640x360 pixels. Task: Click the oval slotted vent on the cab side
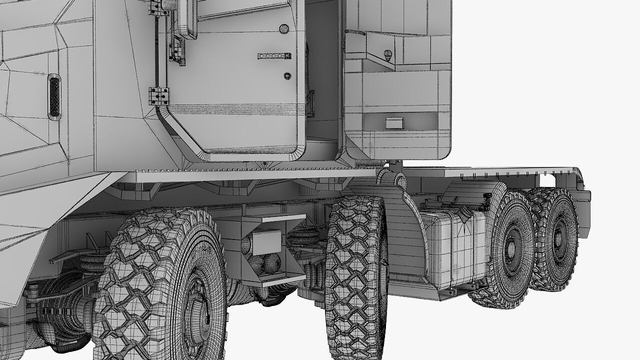[x=54, y=97]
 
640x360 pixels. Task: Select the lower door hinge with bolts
[x=158, y=95]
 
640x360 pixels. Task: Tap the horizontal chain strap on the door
[x=274, y=56]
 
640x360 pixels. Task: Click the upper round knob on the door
[x=284, y=29]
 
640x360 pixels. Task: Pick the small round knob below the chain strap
[x=287, y=76]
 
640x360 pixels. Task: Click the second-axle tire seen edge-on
[x=356, y=275]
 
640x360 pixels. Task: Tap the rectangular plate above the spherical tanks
[x=266, y=241]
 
